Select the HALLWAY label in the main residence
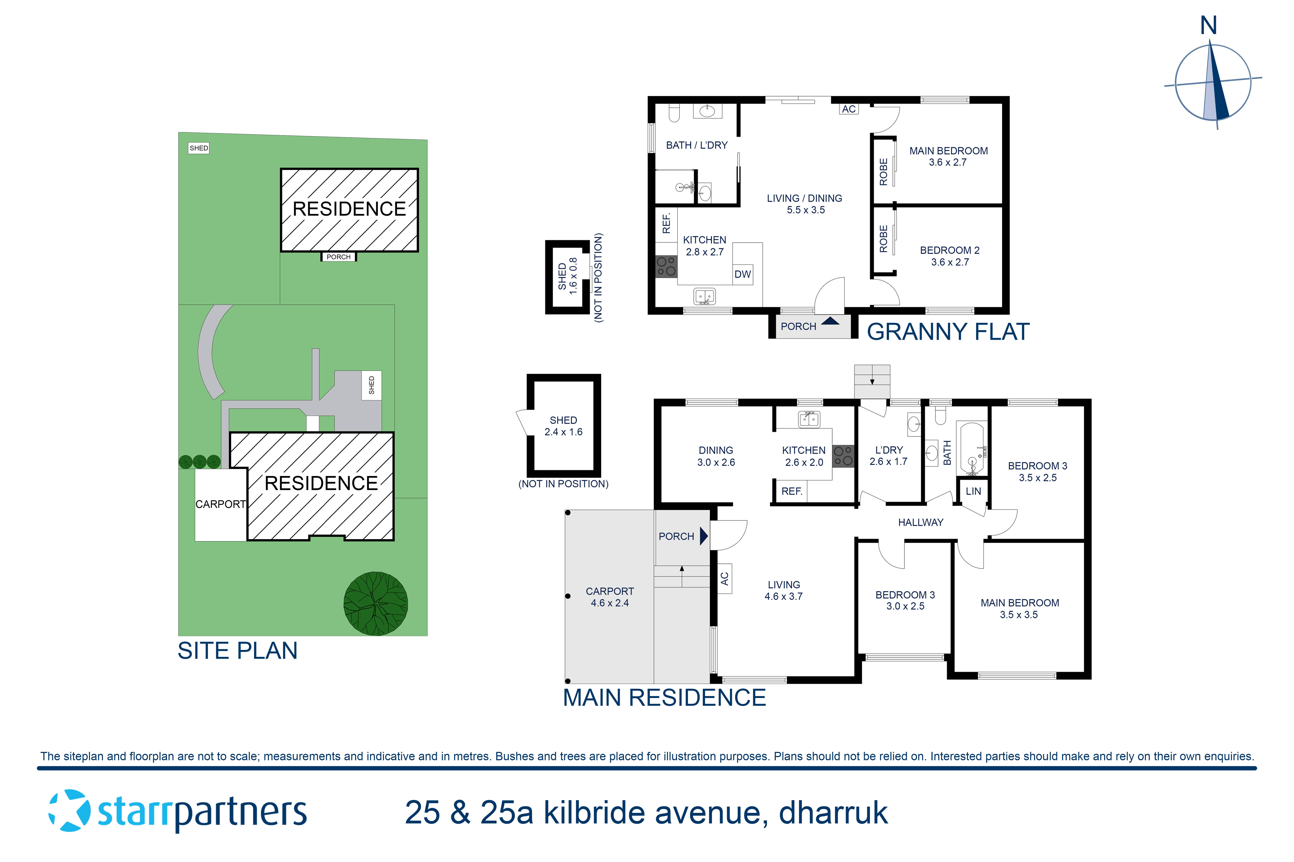pyautogui.click(x=920, y=522)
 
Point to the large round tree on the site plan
pyautogui.click(x=376, y=604)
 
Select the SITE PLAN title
pyautogui.click(x=237, y=651)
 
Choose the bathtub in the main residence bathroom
pyautogui.click(x=972, y=448)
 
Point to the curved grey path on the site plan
pyautogui.click(x=209, y=352)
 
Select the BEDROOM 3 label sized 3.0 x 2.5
pyautogui.click(x=905, y=600)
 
